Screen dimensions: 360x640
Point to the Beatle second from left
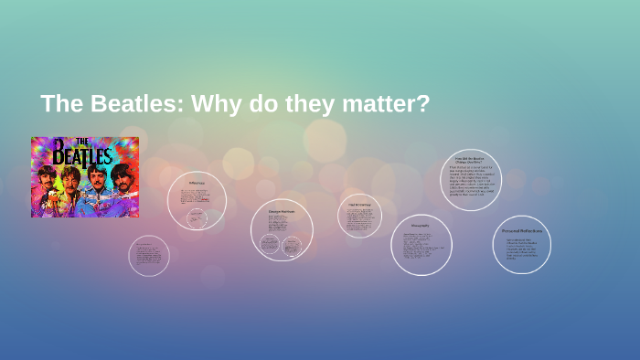[x=70, y=175]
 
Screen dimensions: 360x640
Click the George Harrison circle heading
[x=282, y=211]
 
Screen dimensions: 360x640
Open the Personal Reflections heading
[x=522, y=230]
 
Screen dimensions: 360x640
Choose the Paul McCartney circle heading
[x=359, y=204]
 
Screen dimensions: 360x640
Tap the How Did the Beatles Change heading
[x=470, y=160]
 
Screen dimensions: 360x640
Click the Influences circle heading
[x=197, y=184]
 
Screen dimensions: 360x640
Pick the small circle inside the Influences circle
[x=197, y=217]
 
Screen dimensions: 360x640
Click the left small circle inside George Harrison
[x=270, y=243]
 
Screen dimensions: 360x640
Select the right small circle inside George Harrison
[x=292, y=245]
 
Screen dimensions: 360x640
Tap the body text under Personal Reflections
[x=520, y=249]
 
